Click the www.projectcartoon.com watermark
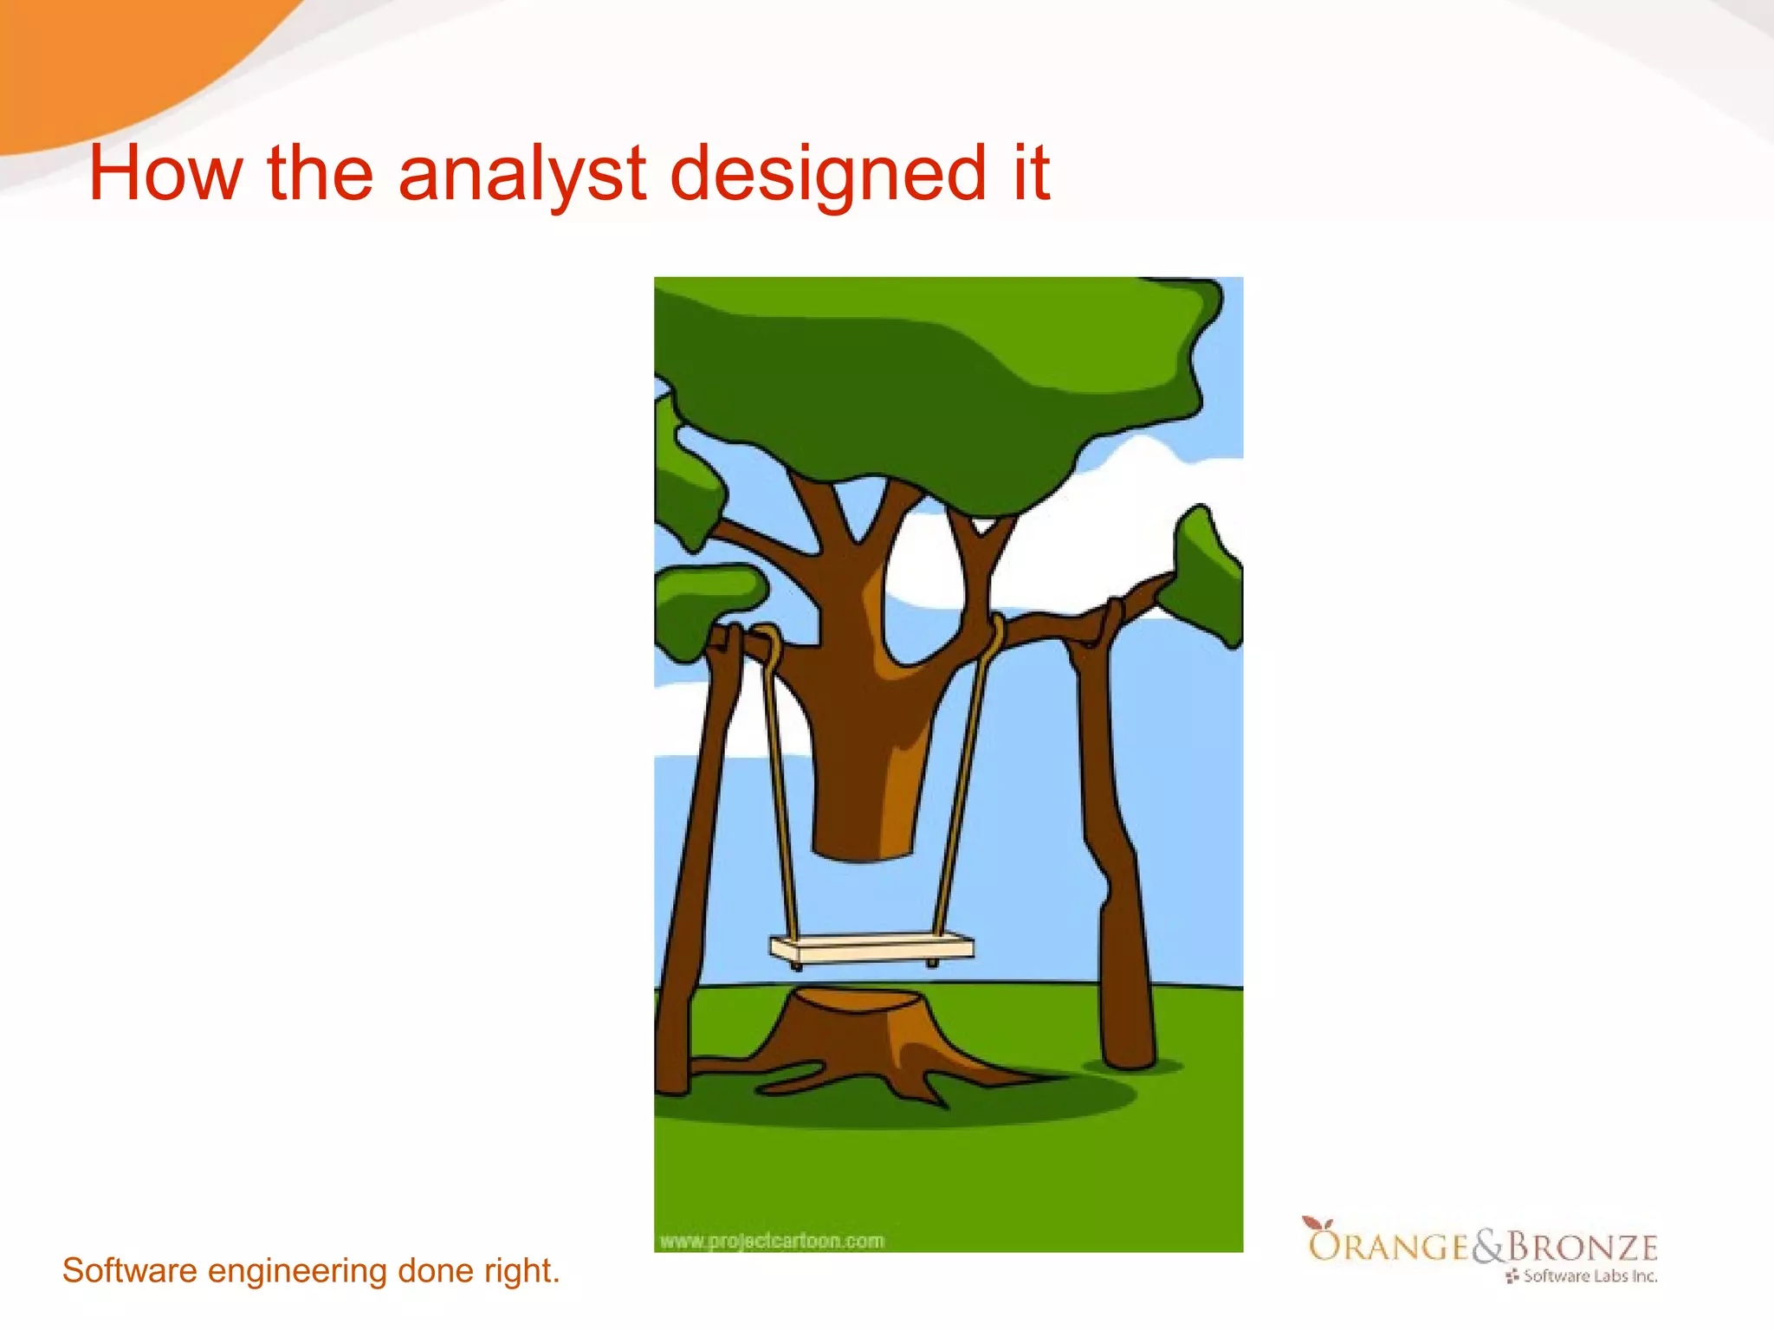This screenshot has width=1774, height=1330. pos(772,1241)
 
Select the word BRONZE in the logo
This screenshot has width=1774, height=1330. pos(1583,1247)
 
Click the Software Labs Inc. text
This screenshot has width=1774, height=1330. pos(1589,1276)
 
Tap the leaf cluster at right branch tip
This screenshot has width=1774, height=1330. pos(1211,576)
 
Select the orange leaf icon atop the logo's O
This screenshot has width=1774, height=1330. pos(1318,1223)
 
